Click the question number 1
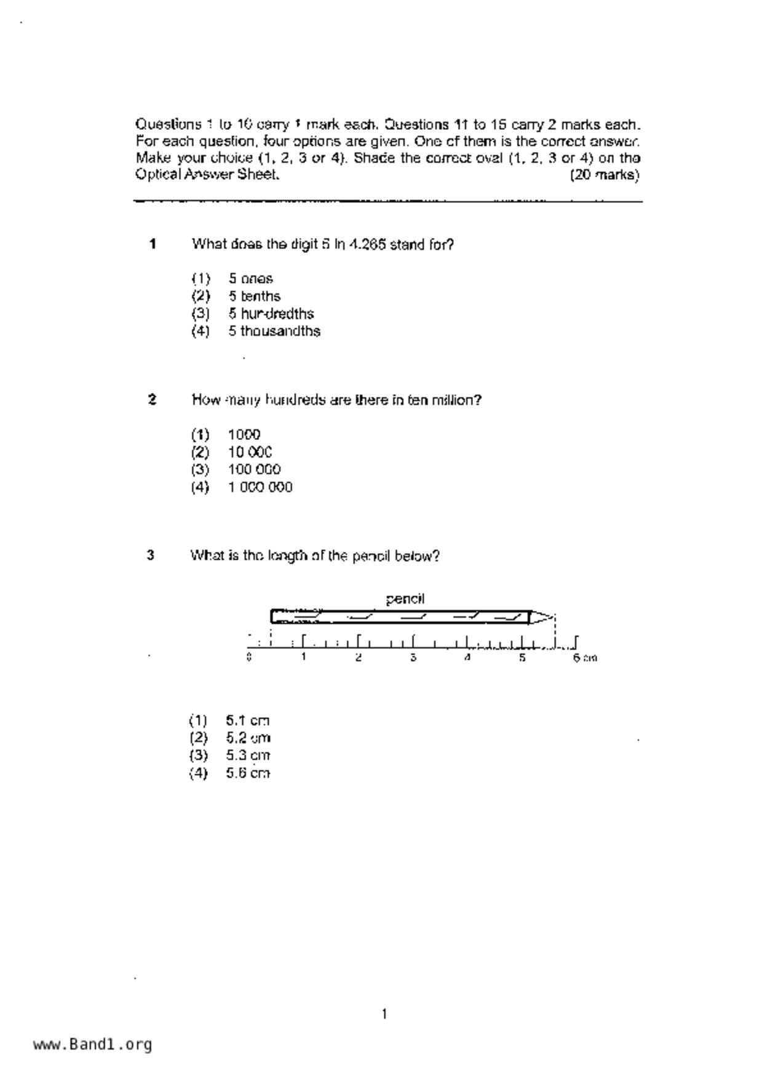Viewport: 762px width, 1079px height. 153,244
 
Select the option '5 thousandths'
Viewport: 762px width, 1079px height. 274,331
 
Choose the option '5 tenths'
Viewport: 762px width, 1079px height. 255,296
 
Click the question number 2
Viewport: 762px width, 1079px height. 153,400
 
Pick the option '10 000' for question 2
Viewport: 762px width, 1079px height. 250,452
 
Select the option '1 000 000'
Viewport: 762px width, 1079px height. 260,487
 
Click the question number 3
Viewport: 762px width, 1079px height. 151,555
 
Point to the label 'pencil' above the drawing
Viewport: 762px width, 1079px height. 405,599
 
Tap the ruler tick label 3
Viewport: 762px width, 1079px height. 413,658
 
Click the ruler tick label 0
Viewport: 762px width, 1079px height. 248,657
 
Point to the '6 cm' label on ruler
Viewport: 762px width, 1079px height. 584,658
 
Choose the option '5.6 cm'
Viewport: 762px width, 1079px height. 248,773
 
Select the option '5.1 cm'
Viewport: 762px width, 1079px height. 248,720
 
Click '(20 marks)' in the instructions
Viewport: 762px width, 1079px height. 605,175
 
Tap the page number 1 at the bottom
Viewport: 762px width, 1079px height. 384,1014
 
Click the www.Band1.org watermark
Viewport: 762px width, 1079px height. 93,1044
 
